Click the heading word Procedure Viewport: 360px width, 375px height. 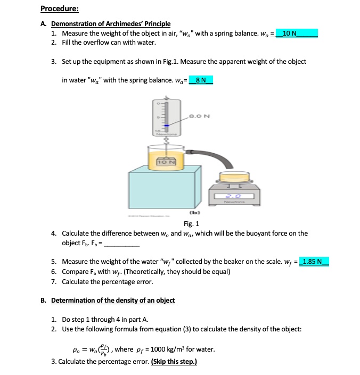point(59,9)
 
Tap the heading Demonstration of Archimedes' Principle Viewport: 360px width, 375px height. point(111,24)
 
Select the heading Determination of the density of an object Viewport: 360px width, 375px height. point(113,301)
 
